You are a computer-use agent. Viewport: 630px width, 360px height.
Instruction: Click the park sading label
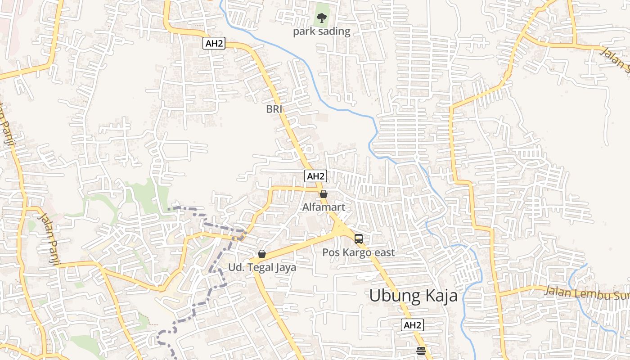click(321, 31)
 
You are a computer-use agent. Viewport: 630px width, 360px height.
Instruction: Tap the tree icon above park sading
click(321, 18)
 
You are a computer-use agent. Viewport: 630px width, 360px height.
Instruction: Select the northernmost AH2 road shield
click(214, 43)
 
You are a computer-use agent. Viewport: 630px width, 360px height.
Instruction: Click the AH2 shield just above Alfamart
click(315, 176)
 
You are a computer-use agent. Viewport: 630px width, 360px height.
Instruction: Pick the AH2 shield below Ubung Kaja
click(412, 325)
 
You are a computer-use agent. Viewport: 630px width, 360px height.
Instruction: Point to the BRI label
click(274, 109)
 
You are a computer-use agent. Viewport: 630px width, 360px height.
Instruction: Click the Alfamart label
click(324, 207)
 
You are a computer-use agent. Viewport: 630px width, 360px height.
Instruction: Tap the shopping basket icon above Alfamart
click(323, 194)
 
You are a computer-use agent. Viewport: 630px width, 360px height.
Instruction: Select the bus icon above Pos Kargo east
click(358, 239)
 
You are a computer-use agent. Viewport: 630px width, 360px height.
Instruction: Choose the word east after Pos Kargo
click(383, 252)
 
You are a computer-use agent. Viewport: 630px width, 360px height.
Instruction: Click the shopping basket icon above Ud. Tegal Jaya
click(262, 254)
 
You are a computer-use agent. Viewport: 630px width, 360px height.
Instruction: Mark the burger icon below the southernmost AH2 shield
click(421, 351)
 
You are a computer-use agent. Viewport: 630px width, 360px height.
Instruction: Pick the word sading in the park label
click(334, 31)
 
